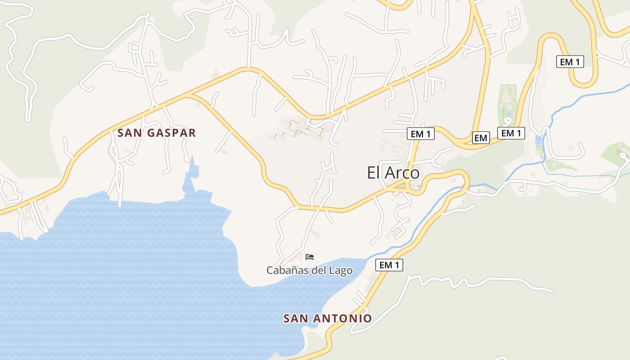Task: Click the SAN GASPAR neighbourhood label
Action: pos(157,133)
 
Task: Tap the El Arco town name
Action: pos(393,173)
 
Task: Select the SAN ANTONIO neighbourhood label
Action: pos(327,319)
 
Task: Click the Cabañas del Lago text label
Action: pos(309,270)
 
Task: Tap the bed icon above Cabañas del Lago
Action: pos(309,257)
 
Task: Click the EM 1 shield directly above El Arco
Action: pos(420,134)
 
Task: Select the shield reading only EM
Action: pos(481,138)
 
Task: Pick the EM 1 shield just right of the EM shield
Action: pos(511,133)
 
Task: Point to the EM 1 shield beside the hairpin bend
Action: pos(570,62)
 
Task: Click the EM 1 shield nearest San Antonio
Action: pos(389,265)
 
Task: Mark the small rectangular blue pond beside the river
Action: pos(538,140)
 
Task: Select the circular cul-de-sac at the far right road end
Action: pos(623,155)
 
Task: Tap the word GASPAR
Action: pos(173,133)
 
